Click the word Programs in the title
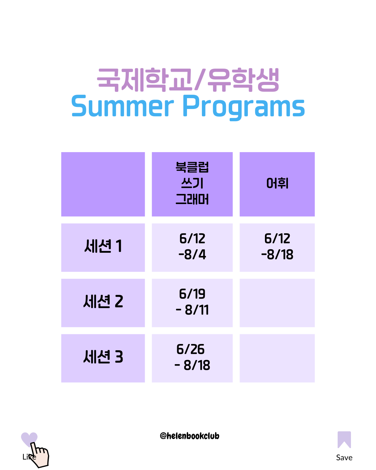244,108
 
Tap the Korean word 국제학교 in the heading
144,80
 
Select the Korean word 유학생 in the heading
243,80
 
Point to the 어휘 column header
277,183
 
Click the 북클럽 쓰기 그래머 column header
192,183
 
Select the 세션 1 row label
103,246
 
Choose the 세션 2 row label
103,301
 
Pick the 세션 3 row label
103,357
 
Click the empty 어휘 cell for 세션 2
277,303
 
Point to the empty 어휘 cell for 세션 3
277,358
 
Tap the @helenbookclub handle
189,436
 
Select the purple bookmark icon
344,439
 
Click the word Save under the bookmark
344,457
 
